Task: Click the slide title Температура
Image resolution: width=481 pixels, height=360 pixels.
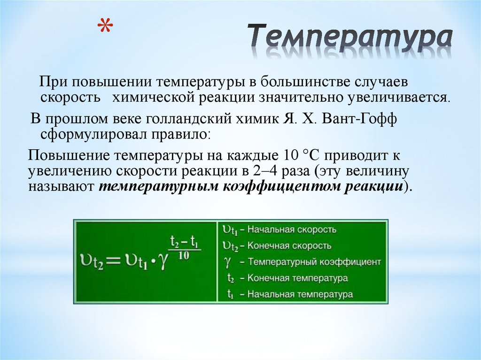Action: [x=350, y=39]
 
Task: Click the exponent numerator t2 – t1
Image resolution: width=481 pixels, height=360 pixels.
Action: [x=185, y=243]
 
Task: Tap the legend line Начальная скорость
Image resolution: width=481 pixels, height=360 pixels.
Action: [x=291, y=230]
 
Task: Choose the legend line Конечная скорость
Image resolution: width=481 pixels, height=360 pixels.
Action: [x=289, y=245]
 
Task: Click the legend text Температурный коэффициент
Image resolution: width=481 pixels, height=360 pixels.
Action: [x=314, y=262]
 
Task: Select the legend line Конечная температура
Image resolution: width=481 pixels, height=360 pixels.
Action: [x=297, y=278]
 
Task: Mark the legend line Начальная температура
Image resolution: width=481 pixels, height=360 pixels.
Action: [x=300, y=294]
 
